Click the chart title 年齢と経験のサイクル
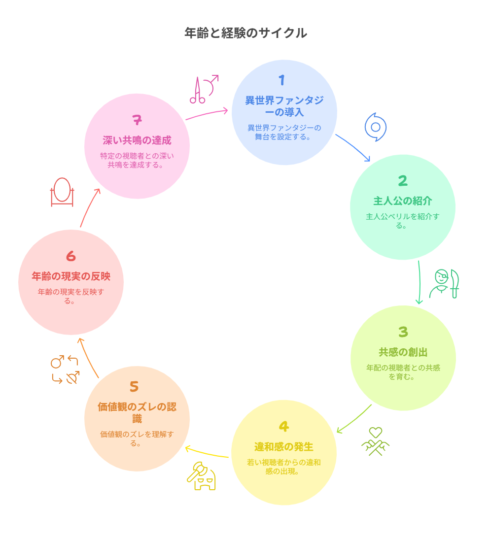point(245,33)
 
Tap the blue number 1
point(281,80)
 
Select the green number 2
point(403,181)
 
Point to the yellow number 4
point(283,427)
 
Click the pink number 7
point(137,120)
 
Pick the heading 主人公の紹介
point(403,201)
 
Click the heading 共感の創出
point(403,352)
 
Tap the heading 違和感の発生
point(284,447)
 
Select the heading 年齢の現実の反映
point(71,276)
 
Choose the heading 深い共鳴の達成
point(137,140)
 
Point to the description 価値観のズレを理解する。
point(137,438)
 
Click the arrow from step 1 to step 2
point(353,146)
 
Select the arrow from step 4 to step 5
point(207,453)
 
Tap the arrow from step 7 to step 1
point(207,114)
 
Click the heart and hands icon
point(376,441)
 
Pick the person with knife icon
point(444,284)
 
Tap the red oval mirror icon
point(62,192)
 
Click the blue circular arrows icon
point(376,127)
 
